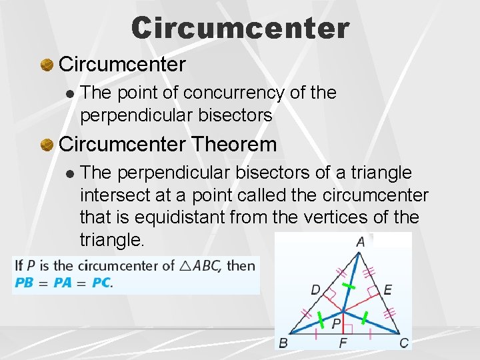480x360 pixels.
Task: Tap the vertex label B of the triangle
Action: pyautogui.click(x=283, y=343)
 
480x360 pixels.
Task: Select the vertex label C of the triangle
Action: pyautogui.click(x=404, y=343)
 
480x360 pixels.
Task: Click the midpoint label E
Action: pyautogui.click(x=387, y=289)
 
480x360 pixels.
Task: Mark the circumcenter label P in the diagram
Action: pyautogui.click(x=337, y=324)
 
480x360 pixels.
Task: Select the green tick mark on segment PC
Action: pyautogui.click(x=364, y=320)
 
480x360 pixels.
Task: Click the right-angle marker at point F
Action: pyautogui.click(x=347, y=328)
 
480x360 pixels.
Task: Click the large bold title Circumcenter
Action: pyautogui.click(x=240, y=28)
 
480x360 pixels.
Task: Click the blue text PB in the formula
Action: pyautogui.click(x=24, y=283)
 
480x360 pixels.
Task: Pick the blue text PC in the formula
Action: pyautogui.click(x=101, y=283)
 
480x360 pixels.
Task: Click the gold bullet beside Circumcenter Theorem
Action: pyautogui.click(x=47, y=145)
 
